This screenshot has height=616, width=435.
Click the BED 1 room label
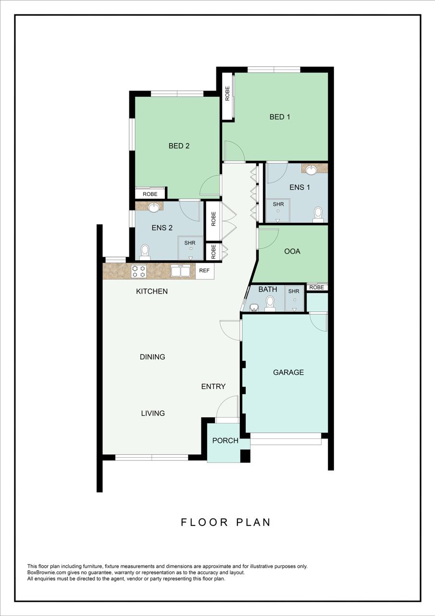point(279,117)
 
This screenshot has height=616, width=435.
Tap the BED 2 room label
point(179,146)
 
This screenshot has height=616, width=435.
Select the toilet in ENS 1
point(318,215)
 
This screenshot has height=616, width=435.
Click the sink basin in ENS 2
point(154,207)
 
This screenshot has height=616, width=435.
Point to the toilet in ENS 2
point(145,252)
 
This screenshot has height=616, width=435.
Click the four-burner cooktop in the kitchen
point(139,271)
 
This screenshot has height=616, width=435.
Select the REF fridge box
point(204,270)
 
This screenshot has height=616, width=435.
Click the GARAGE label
point(288,372)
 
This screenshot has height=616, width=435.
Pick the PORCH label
point(225,441)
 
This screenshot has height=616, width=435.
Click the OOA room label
point(292,251)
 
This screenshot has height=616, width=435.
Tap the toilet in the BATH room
point(270,304)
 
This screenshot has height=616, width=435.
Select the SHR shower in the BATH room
point(294,298)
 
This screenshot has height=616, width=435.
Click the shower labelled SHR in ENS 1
point(278,209)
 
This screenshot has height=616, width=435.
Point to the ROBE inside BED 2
point(150,194)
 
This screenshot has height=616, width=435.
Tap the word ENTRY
point(213,386)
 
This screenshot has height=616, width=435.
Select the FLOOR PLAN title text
point(225,522)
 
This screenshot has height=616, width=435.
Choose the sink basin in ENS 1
point(311,169)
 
